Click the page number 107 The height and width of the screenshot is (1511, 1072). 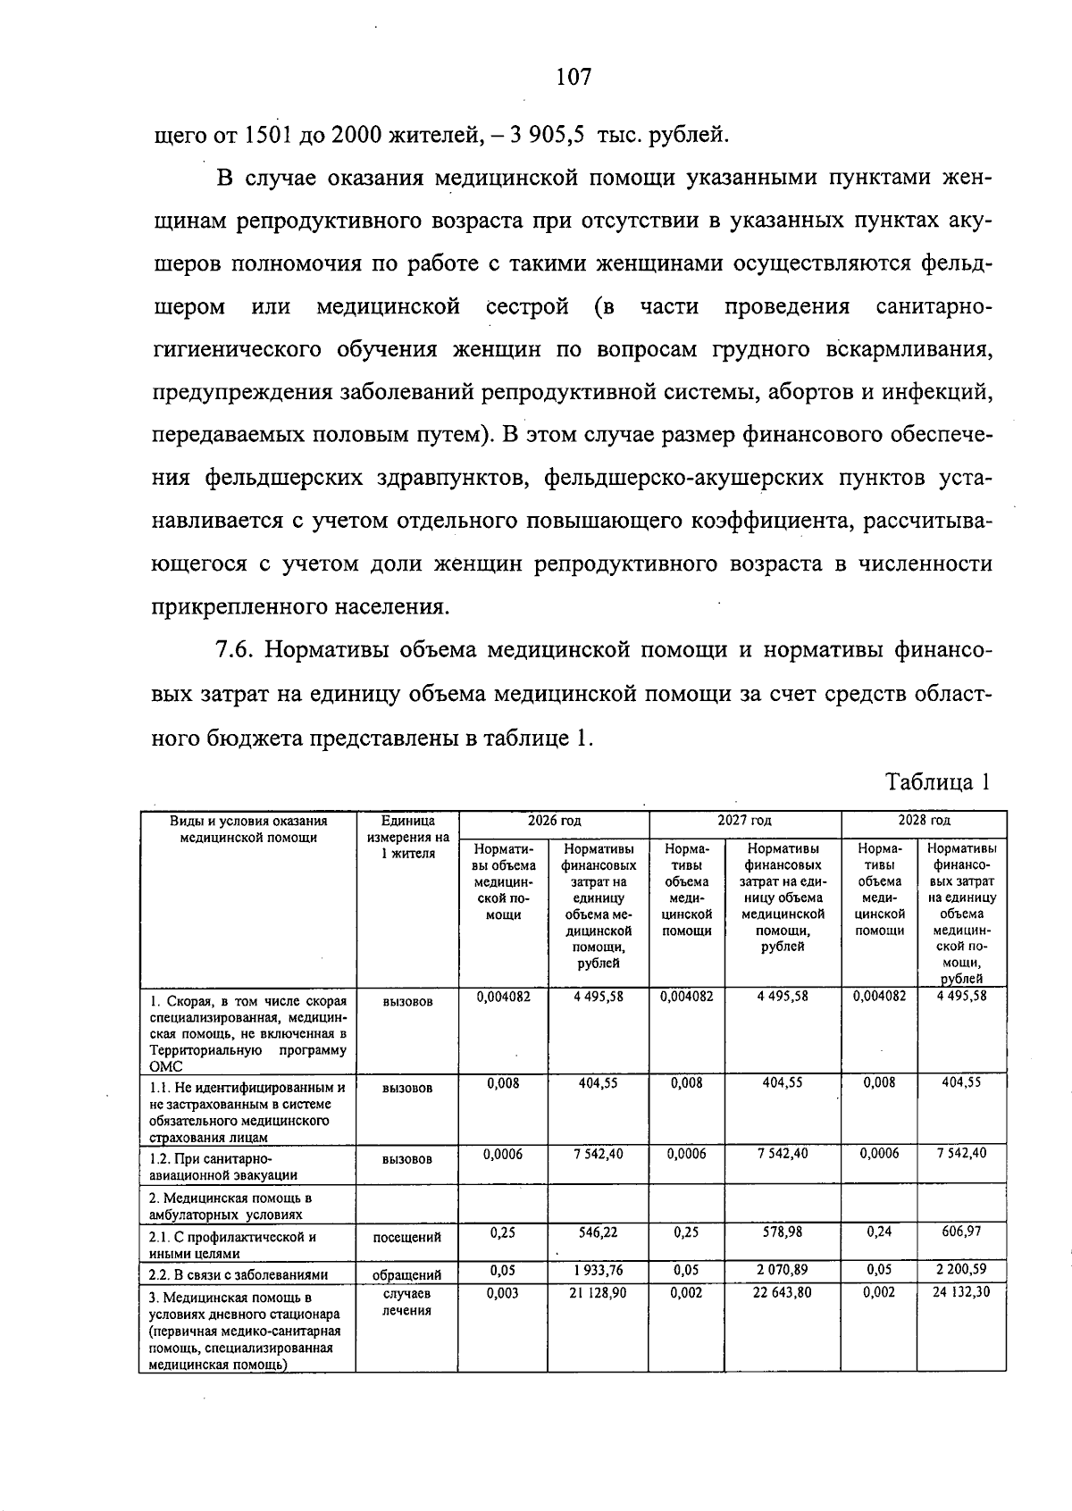(x=573, y=78)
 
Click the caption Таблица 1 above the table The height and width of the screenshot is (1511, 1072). (x=937, y=782)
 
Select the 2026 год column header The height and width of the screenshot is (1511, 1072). (x=553, y=820)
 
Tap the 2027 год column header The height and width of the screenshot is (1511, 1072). (x=744, y=820)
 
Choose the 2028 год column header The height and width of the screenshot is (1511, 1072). (x=924, y=820)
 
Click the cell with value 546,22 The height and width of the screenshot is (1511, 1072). (x=598, y=1231)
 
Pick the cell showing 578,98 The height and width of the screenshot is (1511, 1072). (x=782, y=1231)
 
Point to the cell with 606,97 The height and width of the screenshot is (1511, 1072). (x=961, y=1231)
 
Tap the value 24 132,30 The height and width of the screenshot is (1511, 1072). (x=961, y=1292)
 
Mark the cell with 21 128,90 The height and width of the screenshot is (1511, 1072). (x=598, y=1292)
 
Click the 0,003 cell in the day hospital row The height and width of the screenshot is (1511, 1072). (x=503, y=1292)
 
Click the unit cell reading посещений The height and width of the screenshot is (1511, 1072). (x=407, y=1237)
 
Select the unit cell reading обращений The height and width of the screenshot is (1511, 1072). (x=407, y=1274)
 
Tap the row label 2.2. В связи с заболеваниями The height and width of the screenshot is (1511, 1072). (x=239, y=1274)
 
